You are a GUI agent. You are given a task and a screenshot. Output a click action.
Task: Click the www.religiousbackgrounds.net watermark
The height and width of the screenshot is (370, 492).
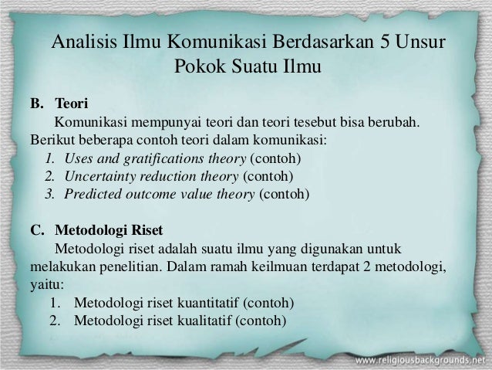click(x=421, y=361)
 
